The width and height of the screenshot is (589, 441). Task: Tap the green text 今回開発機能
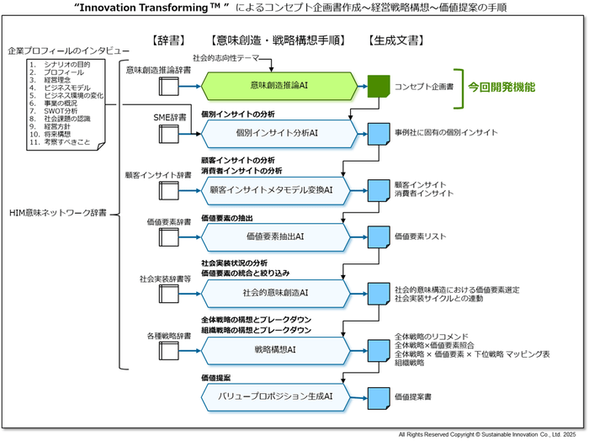[502, 86]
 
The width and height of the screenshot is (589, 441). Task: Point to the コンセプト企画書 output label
[422, 87]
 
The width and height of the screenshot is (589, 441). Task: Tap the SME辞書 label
[170, 116]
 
